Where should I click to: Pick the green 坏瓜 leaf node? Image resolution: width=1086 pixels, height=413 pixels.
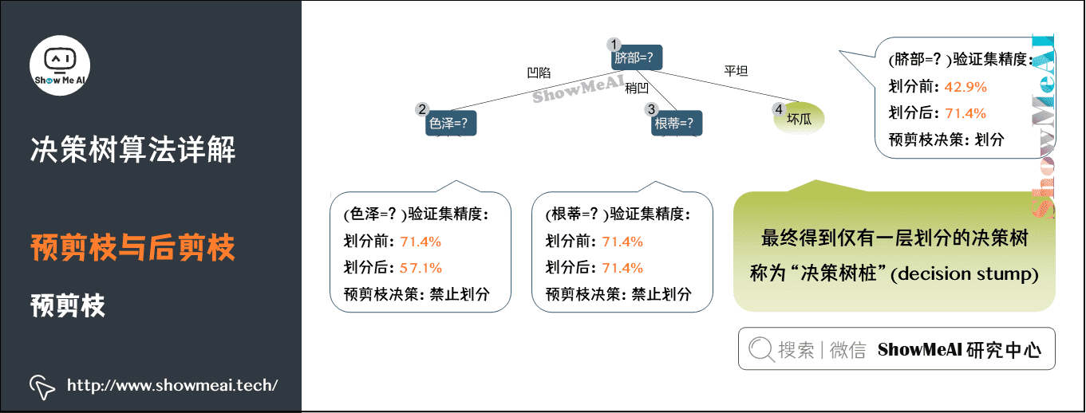point(799,120)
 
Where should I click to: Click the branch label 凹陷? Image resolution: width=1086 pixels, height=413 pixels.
point(539,73)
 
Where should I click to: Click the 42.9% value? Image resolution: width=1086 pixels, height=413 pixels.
point(966,86)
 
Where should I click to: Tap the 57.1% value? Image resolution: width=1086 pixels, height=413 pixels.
point(421,268)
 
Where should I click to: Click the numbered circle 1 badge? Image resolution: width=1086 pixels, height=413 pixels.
point(614,45)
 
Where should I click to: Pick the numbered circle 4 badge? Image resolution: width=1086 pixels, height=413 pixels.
point(779,108)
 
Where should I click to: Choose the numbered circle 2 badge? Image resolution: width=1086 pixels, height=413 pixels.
point(423,109)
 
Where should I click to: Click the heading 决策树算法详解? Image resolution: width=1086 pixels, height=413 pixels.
point(133,149)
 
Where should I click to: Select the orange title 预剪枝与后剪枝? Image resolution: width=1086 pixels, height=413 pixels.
point(133,248)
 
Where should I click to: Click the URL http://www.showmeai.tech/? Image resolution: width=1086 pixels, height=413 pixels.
point(172,386)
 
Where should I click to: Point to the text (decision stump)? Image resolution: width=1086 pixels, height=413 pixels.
point(963,274)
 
